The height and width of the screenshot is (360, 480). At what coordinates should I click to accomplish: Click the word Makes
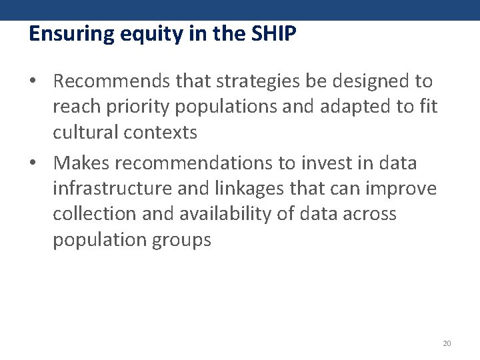(83, 162)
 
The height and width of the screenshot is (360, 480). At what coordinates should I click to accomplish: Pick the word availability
(233, 214)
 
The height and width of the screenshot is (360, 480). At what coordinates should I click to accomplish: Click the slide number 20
(447, 343)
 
